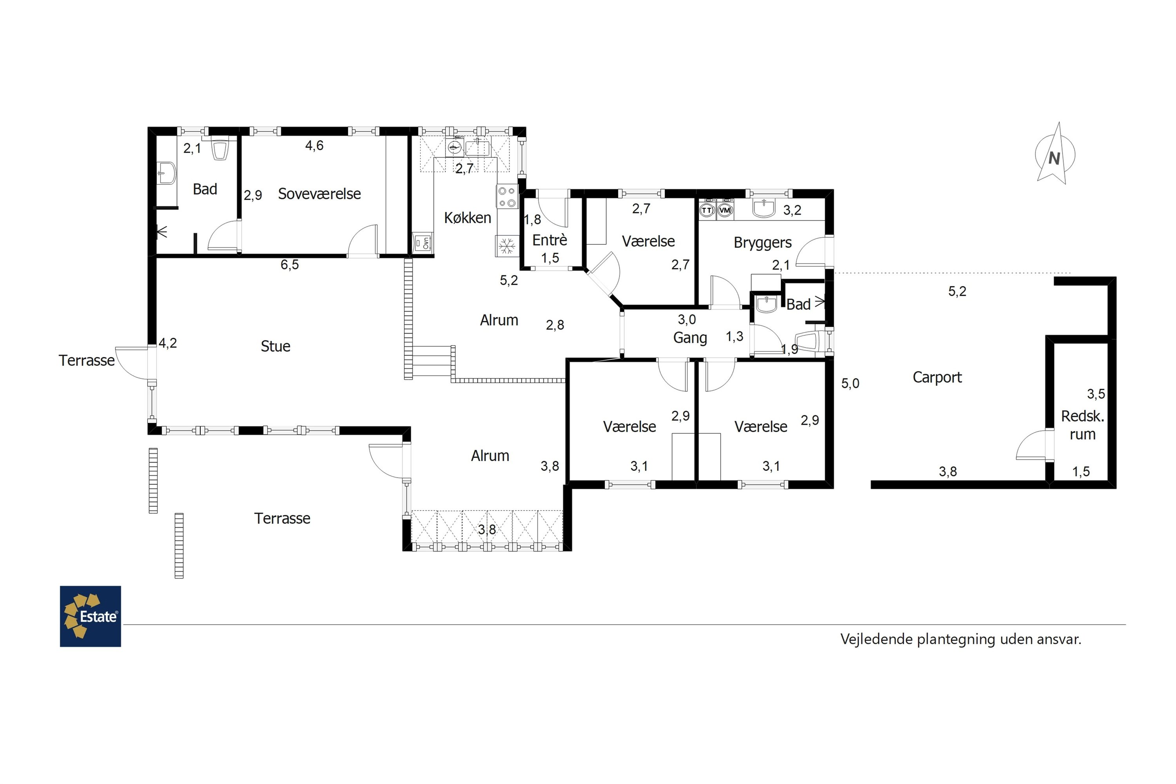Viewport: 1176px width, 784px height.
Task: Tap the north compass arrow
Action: coord(1054,154)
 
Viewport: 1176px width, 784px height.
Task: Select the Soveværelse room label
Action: coord(319,194)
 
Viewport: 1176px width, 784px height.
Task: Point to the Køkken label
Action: coord(468,218)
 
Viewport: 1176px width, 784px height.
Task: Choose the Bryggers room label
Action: coord(762,243)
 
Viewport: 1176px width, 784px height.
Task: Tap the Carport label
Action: coord(937,377)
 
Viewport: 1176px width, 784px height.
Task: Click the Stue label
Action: coord(276,346)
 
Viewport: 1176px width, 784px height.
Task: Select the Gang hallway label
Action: coord(690,338)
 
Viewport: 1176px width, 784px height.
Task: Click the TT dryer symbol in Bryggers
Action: coord(706,211)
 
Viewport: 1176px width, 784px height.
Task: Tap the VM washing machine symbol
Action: coord(725,211)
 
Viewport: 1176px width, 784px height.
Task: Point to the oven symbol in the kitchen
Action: coord(423,243)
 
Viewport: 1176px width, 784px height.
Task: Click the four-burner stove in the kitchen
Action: coord(506,196)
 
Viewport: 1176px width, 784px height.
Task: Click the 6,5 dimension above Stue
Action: coord(290,265)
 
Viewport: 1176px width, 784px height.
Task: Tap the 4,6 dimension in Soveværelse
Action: coord(314,145)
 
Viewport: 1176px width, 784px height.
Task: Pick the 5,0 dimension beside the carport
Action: coord(850,383)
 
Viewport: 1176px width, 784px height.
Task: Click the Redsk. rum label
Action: coord(1082,425)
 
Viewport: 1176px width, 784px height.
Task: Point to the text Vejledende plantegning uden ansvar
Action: coord(960,639)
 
